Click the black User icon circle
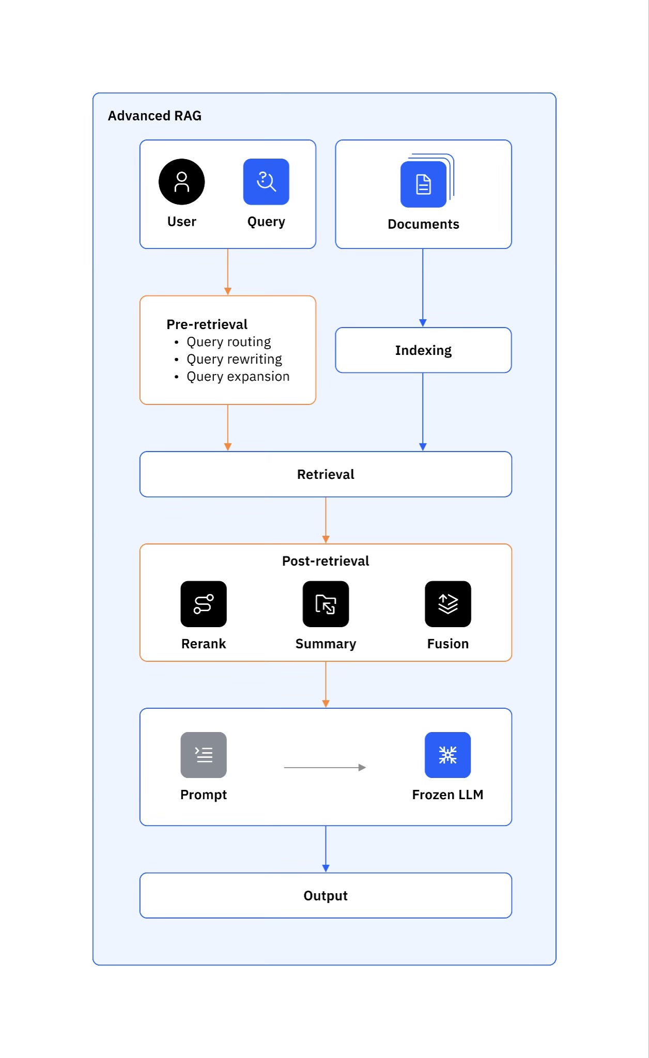coord(181,182)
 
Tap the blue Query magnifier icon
coord(266,182)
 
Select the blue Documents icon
coord(423,184)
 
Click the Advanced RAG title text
coord(154,116)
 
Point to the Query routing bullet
coord(228,342)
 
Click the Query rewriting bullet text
coord(234,359)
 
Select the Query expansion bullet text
coord(238,377)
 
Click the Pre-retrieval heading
coord(207,324)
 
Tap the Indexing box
coord(423,350)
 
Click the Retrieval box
coord(326,474)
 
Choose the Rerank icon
coord(204,604)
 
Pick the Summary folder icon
coord(326,604)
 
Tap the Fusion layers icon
coord(447,604)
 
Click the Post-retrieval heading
coord(326,561)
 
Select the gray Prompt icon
coord(204,755)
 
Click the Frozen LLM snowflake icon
coord(447,755)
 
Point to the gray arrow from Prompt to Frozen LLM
coord(324,768)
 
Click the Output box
coord(326,895)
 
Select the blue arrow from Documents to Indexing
coord(423,287)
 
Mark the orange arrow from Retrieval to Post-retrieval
coord(326,520)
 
